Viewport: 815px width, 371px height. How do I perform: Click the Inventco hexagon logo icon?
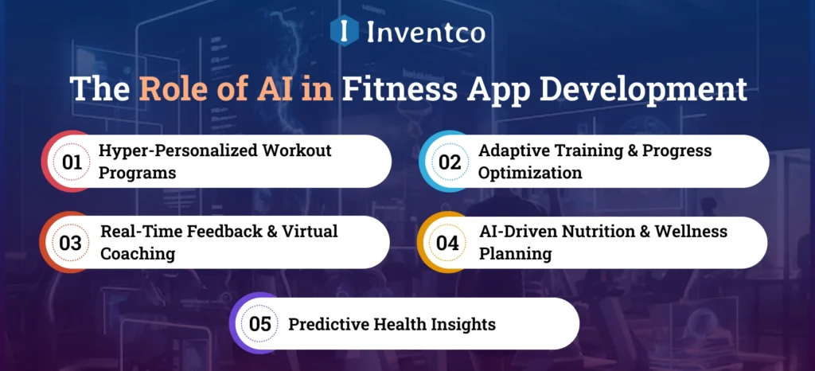[343, 31]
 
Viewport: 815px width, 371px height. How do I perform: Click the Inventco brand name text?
[426, 32]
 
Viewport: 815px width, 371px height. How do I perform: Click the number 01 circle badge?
[72, 162]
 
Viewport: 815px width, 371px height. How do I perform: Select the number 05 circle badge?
[259, 324]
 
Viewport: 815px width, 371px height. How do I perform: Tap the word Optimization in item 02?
[530, 173]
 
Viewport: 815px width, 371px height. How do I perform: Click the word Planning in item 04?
[513, 254]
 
